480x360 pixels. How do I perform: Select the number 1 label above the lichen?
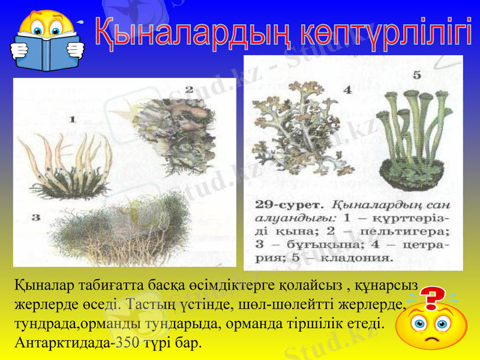[73, 119]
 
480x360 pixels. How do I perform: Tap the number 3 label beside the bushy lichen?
[35, 217]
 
